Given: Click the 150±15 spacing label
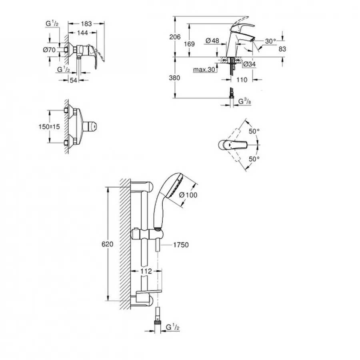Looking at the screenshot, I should (49, 127).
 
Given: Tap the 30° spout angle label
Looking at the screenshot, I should (270, 41).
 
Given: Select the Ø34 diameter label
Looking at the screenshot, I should (250, 64).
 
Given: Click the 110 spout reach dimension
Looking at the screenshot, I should (242, 80).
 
